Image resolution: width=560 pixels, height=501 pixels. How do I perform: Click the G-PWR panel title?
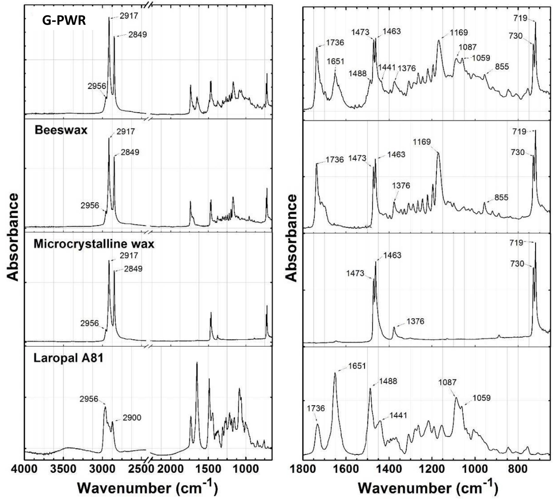click(x=64, y=21)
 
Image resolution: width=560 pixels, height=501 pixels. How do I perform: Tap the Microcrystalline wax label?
click(x=94, y=244)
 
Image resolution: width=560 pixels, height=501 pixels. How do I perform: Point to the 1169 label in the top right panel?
click(x=459, y=32)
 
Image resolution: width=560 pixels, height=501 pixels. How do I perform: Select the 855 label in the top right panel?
click(x=501, y=66)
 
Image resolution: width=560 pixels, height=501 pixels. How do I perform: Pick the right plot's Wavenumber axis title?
click(x=428, y=488)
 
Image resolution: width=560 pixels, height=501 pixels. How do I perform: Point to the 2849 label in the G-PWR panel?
click(x=138, y=34)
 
